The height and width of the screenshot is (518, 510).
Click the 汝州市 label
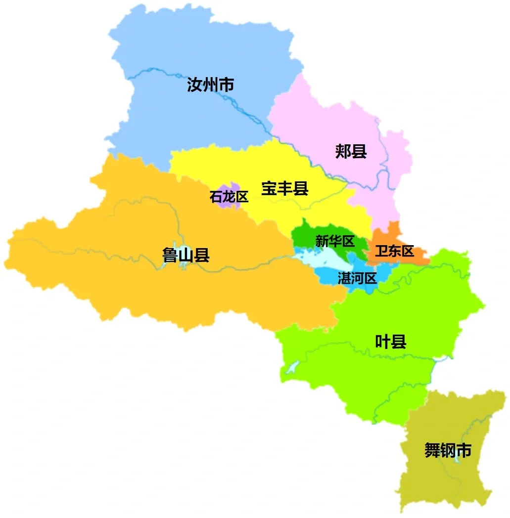click(x=210, y=85)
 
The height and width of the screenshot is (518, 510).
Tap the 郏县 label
click(x=351, y=151)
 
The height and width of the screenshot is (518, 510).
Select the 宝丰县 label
click(x=284, y=188)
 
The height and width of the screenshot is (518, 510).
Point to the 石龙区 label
click(x=229, y=197)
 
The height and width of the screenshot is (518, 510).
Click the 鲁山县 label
click(x=186, y=255)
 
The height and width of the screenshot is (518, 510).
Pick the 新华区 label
click(x=335, y=241)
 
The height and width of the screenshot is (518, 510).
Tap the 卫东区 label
click(x=394, y=251)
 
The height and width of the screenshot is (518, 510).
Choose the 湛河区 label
click(x=357, y=278)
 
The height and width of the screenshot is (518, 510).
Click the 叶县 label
click(x=390, y=341)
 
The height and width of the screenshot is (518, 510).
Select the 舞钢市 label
click(x=448, y=450)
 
